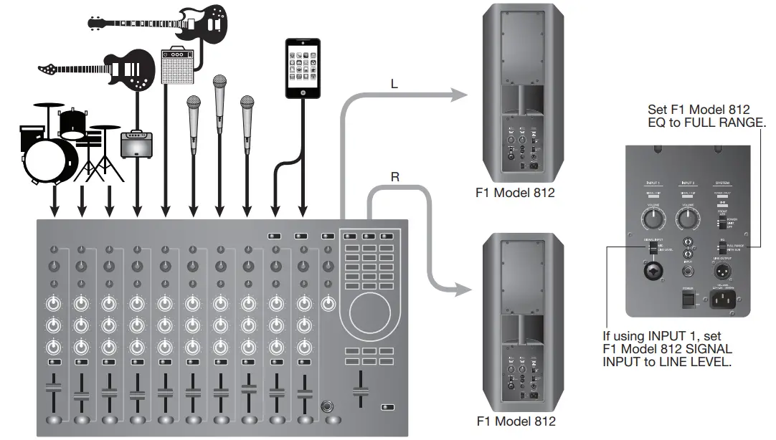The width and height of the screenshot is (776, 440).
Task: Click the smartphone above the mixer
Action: (302, 70)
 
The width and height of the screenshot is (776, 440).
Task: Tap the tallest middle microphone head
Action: (219, 90)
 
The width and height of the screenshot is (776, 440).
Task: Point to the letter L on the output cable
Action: (394, 84)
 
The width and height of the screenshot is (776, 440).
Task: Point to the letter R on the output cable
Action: (395, 176)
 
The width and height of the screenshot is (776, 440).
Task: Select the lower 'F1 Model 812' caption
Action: (515, 421)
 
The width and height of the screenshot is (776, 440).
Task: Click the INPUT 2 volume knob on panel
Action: (686, 217)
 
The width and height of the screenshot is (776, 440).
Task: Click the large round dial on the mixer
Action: (369, 312)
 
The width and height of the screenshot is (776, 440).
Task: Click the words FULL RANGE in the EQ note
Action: (732, 123)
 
